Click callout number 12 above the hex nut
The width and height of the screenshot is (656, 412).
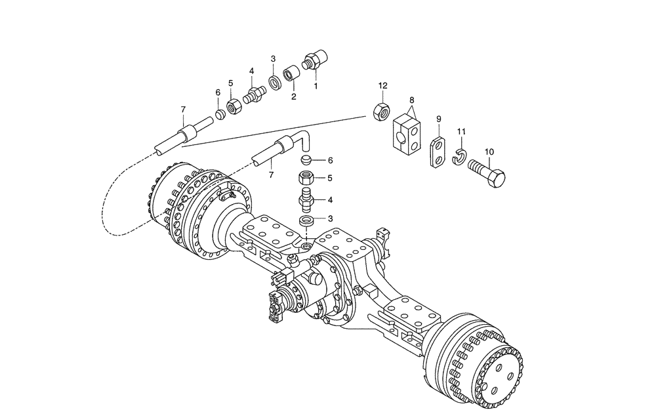tap(383, 86)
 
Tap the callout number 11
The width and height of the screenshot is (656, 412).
tap(461, 132)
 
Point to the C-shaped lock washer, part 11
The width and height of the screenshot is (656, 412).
tap(459, 157)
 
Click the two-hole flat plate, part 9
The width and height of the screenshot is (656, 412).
tap(438, 152)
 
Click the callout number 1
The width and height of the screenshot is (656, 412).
tap(316, 85)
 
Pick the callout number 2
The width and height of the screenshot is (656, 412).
tap(293, 96)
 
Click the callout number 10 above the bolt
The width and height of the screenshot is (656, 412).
tap(489, 152)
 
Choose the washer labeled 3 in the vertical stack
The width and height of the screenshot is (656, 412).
tap(306, 220)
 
